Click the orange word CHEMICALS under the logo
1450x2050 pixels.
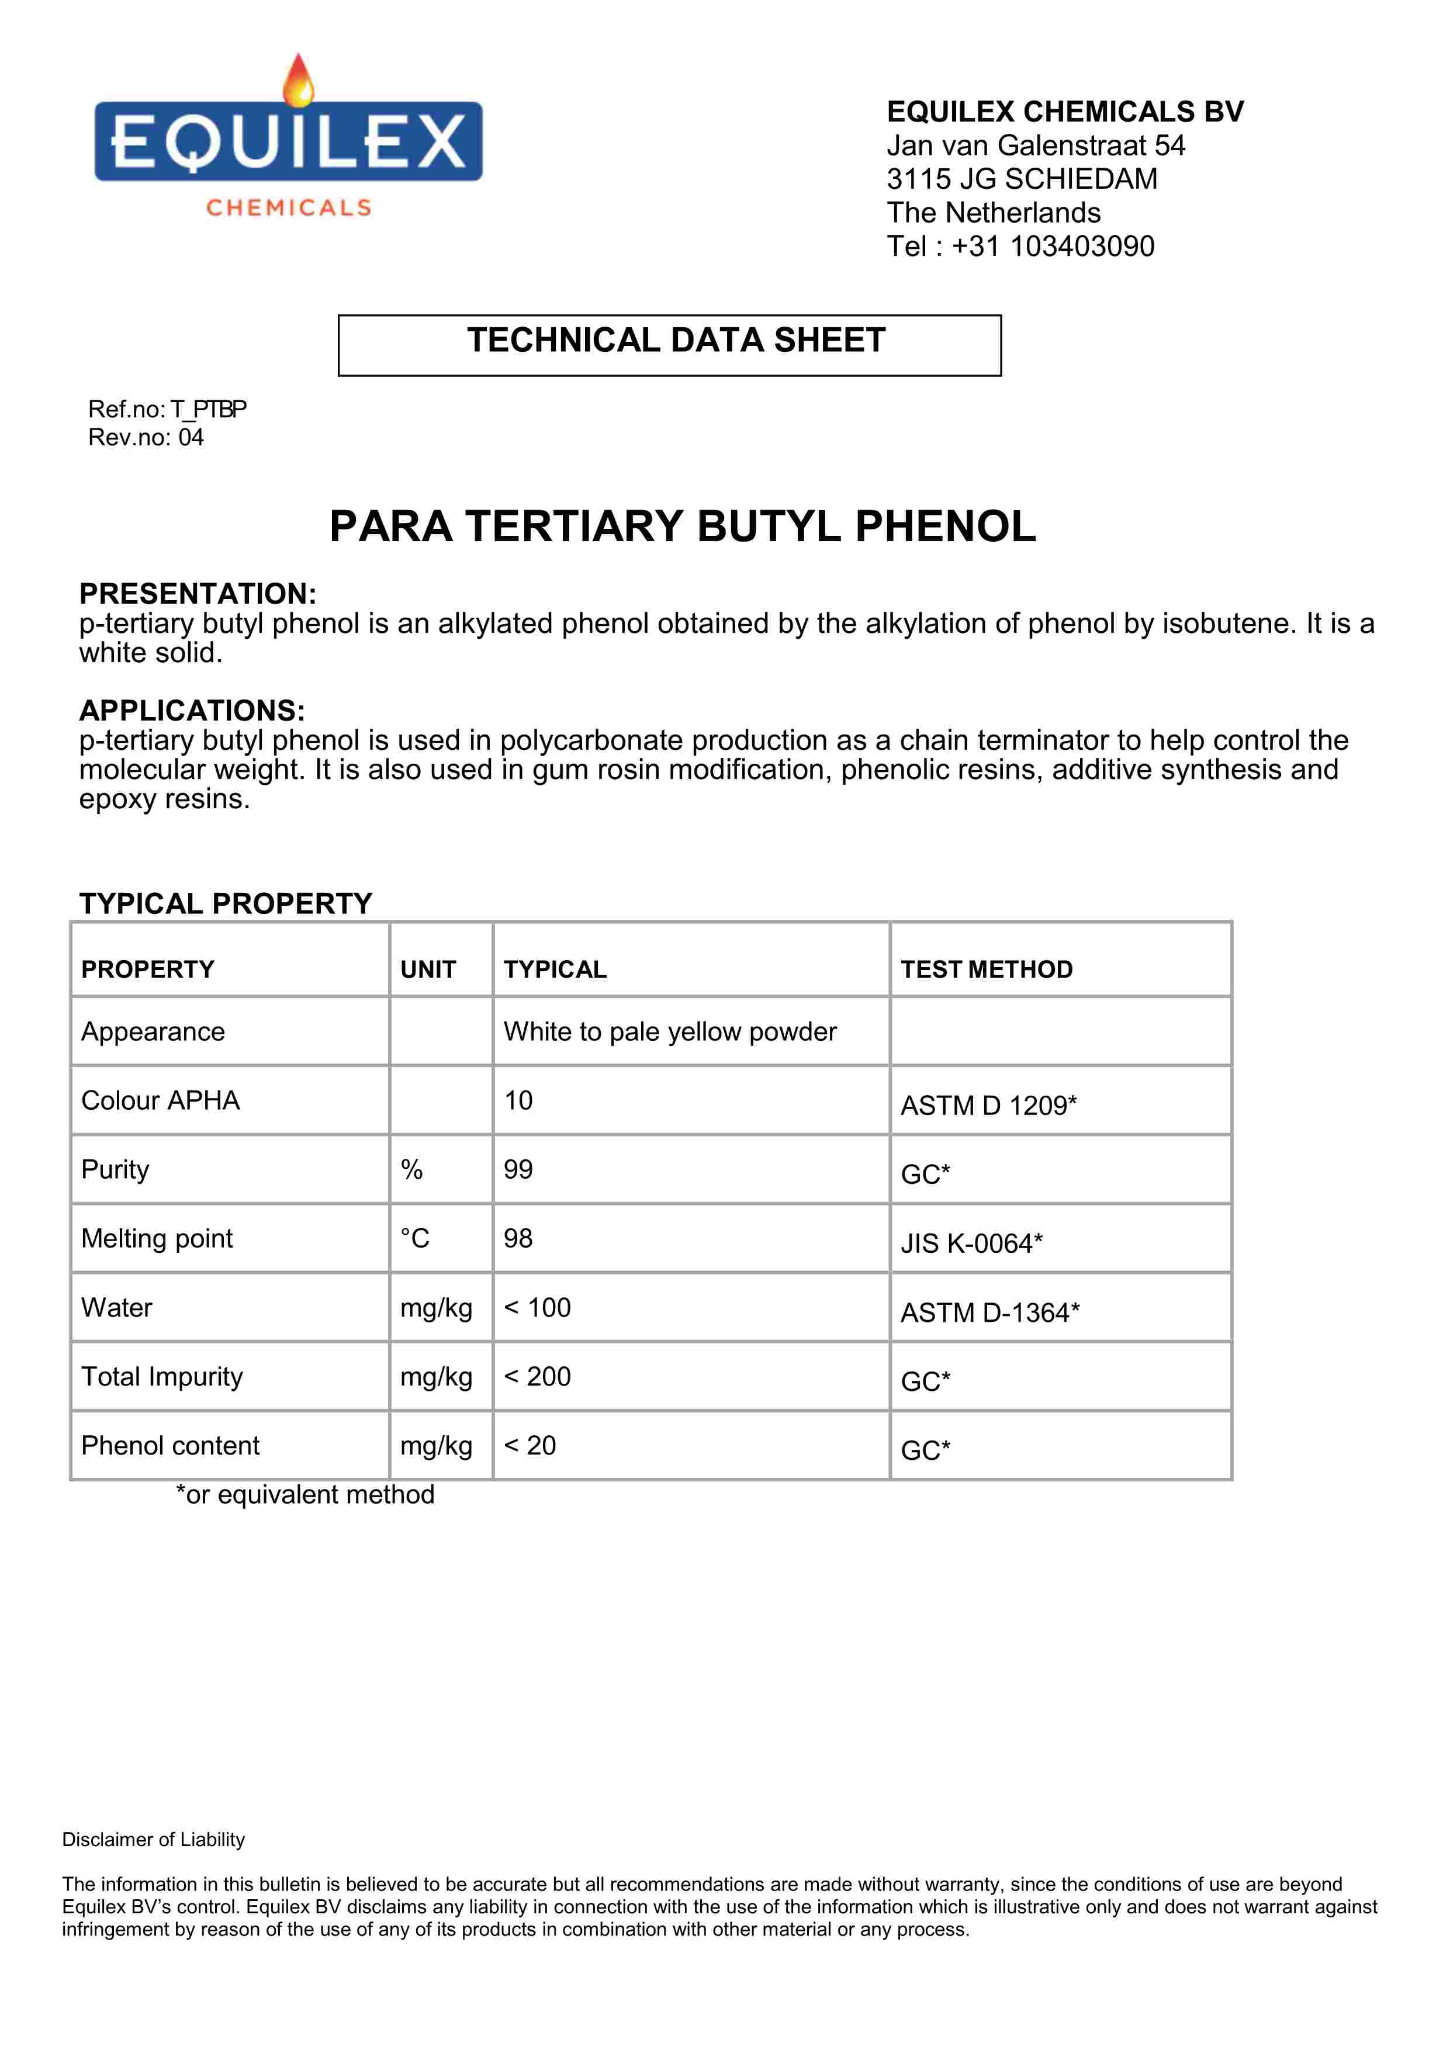pyautogui.click(x=288, y=208)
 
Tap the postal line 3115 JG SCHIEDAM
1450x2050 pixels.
pyautogui.click(x=1022, y=179)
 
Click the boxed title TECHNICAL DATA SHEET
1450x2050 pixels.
pyautogui.click(x=676, y=340)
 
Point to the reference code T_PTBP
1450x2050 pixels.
pyautogui.click(x=209, y=409)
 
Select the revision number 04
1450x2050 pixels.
pyautogui.click(x=191, y=438)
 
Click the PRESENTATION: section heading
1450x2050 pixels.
pyautogui.click(x=198, y=593)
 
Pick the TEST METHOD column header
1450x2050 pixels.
pyautogui.click(x=986, y=969)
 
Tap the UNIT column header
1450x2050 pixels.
pyautogui.click(x=428, y=969)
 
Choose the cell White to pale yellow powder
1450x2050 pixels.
pyautogui.click(x=670, y=1031)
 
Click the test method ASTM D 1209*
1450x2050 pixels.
pyautogui.click(x=988, y=1106)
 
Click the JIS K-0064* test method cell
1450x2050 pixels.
pyautogui.click(x=971, y=1243)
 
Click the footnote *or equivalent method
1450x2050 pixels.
pyautogui.click(x=304, y=1495)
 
